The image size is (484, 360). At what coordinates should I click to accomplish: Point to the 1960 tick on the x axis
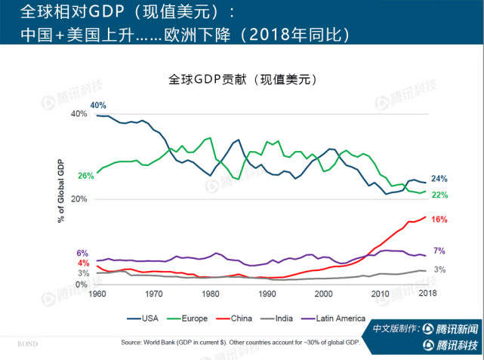96,294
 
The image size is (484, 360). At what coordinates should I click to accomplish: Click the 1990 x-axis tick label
267,294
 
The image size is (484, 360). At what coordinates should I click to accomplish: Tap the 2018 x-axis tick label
427,294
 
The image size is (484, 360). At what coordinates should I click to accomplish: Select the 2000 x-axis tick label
323,294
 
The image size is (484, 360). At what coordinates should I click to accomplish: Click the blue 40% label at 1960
98,105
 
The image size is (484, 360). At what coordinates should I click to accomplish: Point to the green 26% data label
85,176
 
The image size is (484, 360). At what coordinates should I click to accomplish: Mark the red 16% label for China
439,220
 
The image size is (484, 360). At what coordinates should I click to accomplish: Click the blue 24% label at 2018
439,179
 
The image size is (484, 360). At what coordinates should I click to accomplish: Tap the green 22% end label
439,195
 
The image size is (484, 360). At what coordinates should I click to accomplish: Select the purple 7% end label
439,251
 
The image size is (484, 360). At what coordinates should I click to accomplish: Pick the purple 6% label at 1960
82,254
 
